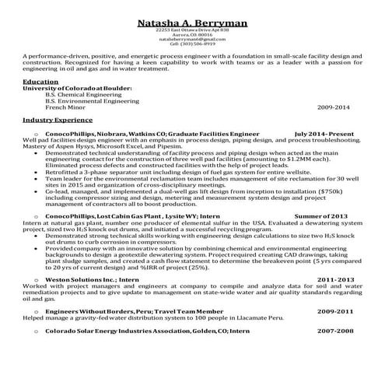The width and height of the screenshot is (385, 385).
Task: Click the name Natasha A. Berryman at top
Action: tap(191, 9)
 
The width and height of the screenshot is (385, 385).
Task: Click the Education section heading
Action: tap(40, 81)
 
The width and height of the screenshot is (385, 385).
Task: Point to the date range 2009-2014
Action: tap(334, 107)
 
